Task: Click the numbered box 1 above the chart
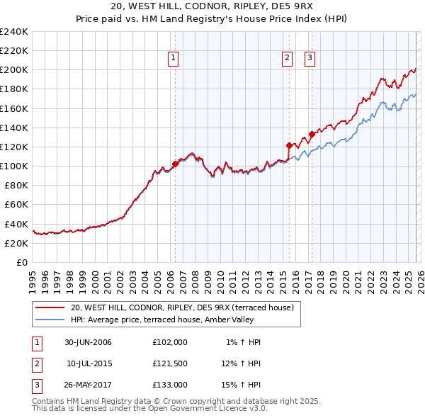pyautogui.click(x=174, y=59)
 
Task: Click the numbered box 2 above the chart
pyautogui.click(x=287, y=59)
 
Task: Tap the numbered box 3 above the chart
pyautogui.click(x=310, y=59)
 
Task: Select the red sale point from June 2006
pyautogui.click(x=175, y=164)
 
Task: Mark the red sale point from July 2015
pyautogui.click(x=288, y=145)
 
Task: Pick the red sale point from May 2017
pyautogui.click(x=312, y=134)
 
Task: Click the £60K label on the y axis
pyautogui.click(x=16, y=205)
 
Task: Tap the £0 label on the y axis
pyautogui.click(x=21, y=262)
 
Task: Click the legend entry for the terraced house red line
pyautogui.click(x=186, y=307)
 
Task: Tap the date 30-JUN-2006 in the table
pyautogui.click(x=89, y=342)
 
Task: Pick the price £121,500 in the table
pyautogui.click(x=170, y=363)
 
